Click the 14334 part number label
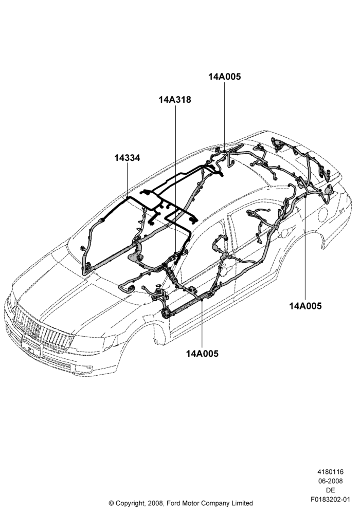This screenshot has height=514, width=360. (127, 158)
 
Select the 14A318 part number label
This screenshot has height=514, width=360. (175, 99)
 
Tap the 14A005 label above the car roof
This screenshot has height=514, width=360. (225, 77)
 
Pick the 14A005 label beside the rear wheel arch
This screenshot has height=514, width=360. (305, 306)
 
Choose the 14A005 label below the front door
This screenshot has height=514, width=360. (202, 354)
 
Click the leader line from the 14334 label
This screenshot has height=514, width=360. (127, 180)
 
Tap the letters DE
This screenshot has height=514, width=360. (331, 490)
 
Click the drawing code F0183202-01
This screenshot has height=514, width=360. (330, 500)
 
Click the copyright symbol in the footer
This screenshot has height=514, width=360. (111, 503)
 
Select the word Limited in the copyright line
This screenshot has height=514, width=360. (242, 503)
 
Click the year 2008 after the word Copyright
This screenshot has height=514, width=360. (152, 503)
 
